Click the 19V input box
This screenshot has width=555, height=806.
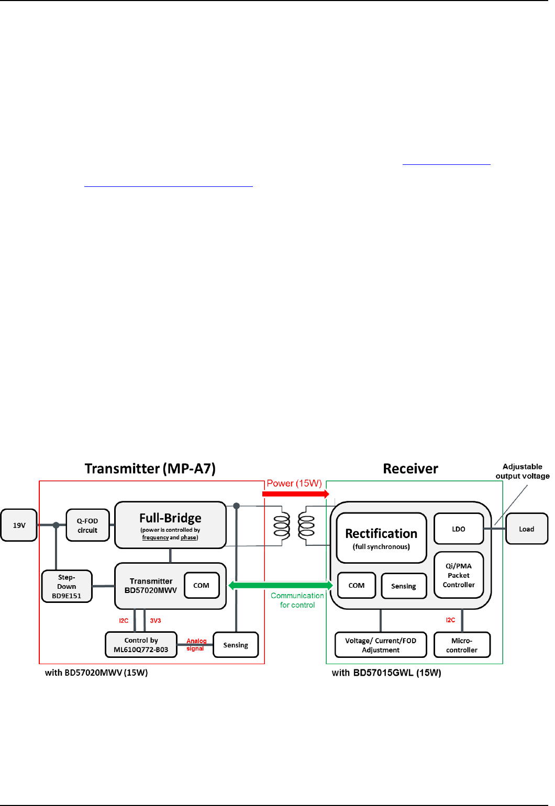pos(19,525)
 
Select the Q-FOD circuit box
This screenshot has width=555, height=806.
pos(87,525)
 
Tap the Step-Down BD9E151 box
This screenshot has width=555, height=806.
pos(66,586)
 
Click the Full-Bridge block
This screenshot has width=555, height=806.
pos(170,525)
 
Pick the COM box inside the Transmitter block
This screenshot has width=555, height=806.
pos(202,585)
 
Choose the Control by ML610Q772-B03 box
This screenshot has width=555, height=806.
pos(141,645)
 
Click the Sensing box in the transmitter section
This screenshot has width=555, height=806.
pos(236,645)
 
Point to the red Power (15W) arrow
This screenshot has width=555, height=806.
pos(296,494)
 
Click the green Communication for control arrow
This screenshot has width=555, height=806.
pos(281,585)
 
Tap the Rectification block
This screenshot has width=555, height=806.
pos(381,538)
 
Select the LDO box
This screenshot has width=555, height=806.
pos(459,529)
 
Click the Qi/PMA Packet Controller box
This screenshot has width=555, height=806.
pos(459,575)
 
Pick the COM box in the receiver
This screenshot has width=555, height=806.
pos(357,585)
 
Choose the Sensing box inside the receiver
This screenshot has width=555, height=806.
pos(404,586)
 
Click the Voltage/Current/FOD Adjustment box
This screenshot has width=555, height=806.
pos(381,645)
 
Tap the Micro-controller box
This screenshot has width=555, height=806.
pos(462,645)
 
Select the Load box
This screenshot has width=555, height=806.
pos(527,529)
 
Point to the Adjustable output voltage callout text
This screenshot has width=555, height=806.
pos(523,471)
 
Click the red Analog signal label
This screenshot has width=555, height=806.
pos(196,644)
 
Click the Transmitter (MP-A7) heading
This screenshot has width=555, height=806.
pos(150,468)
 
